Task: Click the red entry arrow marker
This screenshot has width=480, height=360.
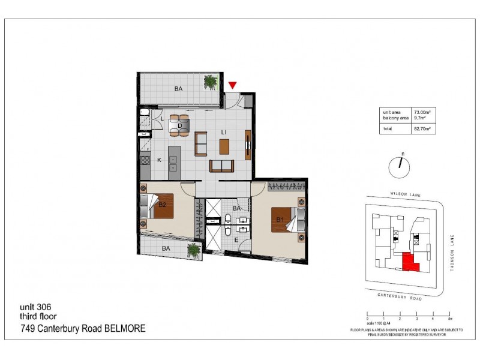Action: [x=233, y=86]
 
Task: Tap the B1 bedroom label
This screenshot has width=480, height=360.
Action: [x=278, y=220]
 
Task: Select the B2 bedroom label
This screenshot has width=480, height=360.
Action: [x=162, y=205]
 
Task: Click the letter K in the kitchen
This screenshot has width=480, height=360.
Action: [x=159, y=160]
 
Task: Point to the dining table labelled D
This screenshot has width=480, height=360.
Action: [x=179, y=125]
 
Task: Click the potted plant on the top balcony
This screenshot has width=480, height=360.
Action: [x=210, y=82]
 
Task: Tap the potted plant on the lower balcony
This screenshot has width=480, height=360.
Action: [x=193, y=250]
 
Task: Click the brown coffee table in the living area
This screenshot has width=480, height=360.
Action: [x=224, y=146]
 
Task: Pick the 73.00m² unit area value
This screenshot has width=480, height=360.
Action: [x=423, y=112]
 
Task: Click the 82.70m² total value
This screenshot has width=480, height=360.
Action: [x=423, y=128]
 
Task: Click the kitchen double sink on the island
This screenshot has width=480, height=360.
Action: [x=173, y=164]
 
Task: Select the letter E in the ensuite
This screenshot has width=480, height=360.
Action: [x=236, y=240]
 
